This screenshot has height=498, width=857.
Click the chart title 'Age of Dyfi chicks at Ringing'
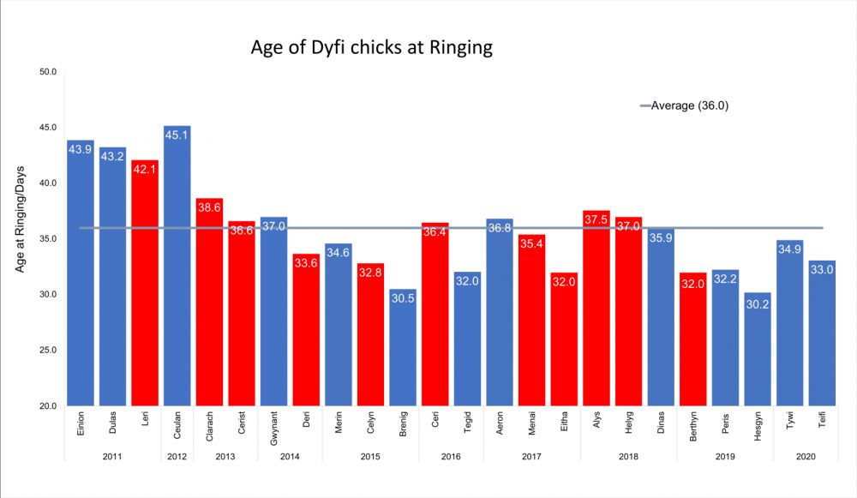coord(372,47)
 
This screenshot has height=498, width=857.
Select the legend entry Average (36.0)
coord(684,105)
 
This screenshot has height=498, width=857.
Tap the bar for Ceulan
coord(177,266)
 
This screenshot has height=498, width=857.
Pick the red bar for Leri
coord(145,283)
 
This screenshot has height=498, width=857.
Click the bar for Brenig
coord(403,347)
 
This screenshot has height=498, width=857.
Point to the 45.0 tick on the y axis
coord(47,128)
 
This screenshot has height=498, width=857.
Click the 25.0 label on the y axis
coord(47,350)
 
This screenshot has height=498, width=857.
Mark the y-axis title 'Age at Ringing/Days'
coord(20,219)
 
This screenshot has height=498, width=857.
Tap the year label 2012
coord(177,457)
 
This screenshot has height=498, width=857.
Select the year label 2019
coord(725,457)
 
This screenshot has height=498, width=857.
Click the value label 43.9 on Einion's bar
coord(80,149)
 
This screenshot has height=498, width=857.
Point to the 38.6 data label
coord(209,207)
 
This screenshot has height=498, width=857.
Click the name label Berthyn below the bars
coord(693,426)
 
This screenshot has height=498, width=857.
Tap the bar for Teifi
coord(822,333)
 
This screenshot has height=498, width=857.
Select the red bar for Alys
coord(596,308)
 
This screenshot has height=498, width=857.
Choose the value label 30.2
coord(758,304)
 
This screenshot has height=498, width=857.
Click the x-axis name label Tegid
coord(467,423)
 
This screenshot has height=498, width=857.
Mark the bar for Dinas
coord(661,317)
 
